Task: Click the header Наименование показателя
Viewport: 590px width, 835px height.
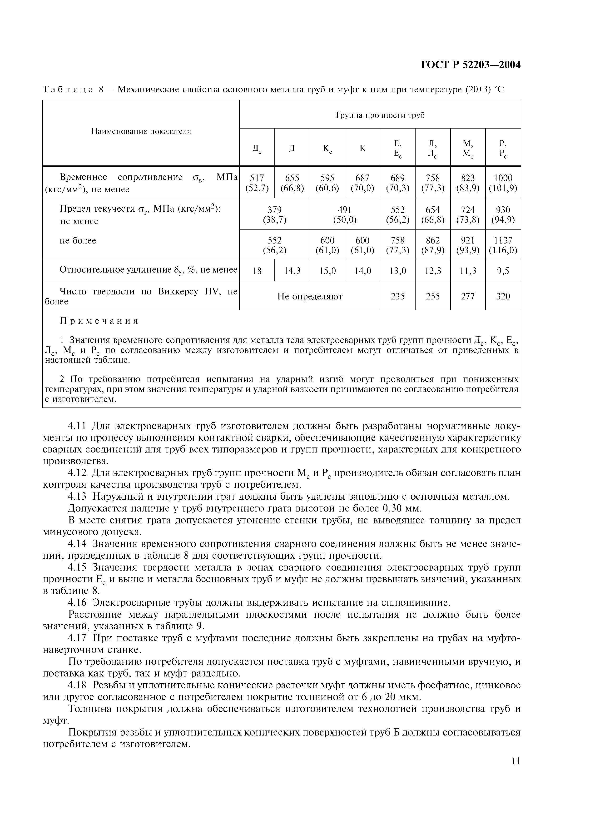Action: [x=141, y=131]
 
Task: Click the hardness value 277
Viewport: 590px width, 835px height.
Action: [x=468, y=296]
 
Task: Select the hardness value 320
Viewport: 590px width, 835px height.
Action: [x=503, y=296]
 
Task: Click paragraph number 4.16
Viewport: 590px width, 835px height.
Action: [x=77, y=603]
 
